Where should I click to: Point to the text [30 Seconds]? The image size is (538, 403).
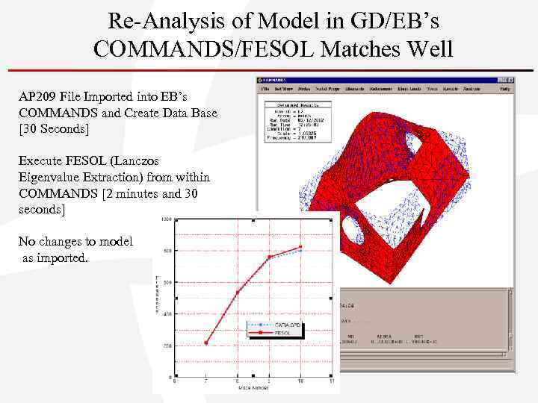coord(55,129)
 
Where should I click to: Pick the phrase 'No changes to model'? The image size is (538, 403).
coord(75,241)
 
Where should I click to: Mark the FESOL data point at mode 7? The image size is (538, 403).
coord(206,343)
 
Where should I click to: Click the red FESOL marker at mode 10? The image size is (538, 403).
coord(300,247)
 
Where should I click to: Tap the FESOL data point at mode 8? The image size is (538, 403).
coord(238,292)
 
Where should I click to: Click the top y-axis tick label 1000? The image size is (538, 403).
coord(165,219)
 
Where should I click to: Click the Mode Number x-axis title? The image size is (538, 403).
coord(253,388)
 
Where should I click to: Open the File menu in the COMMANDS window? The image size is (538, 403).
coord(265,88)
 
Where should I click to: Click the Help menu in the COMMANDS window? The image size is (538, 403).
coord(505,88)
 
